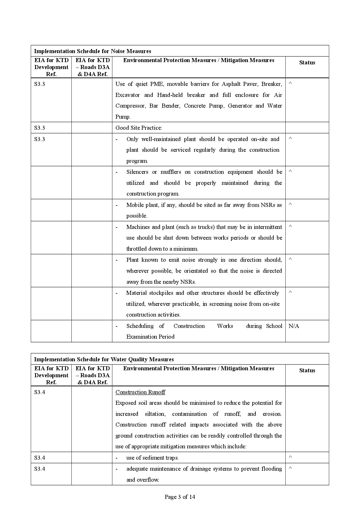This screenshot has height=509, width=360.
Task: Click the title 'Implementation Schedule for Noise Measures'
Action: [93, 51]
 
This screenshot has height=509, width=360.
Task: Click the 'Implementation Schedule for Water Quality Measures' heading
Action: [104, 359]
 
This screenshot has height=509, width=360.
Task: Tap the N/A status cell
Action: [294, 326]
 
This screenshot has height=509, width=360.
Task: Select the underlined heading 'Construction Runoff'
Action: [140, 392]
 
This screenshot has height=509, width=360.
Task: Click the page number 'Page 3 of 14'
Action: [180, 497]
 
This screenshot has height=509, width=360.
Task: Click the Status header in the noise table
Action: [307, 62]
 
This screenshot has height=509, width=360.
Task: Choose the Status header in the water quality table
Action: [307, 370]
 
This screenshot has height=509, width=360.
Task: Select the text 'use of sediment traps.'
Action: [152, 458]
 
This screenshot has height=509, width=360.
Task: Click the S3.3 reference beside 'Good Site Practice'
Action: [39, 128]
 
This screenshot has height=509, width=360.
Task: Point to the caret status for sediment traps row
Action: [290, 457]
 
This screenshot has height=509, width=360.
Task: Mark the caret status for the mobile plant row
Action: [290, 204]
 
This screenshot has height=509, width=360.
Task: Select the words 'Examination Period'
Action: [150, 337]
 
